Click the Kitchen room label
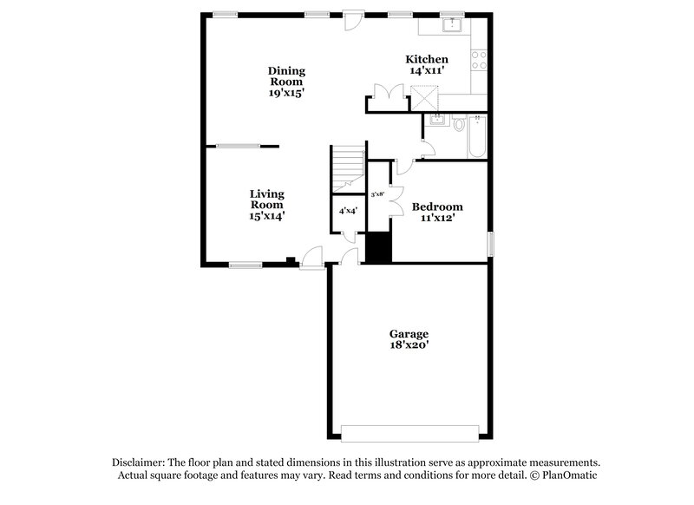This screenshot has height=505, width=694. [x=427, y=59]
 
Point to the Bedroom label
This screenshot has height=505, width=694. [x=437, y=207]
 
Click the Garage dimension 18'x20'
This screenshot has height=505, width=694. [x=409, y=344]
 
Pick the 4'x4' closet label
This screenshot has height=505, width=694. [x=347, y=210]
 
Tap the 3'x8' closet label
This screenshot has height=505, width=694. [x=378, y=195]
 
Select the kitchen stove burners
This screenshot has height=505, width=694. [x=478, y=60]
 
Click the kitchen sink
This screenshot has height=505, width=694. [x=452, y=25]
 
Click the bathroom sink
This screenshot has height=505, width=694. [x=437, y=120]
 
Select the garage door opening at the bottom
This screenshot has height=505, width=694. [x=409, y=432]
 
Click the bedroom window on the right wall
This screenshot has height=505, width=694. [x=489, y=244]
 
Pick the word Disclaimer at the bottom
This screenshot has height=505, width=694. [x=139, y=462]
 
